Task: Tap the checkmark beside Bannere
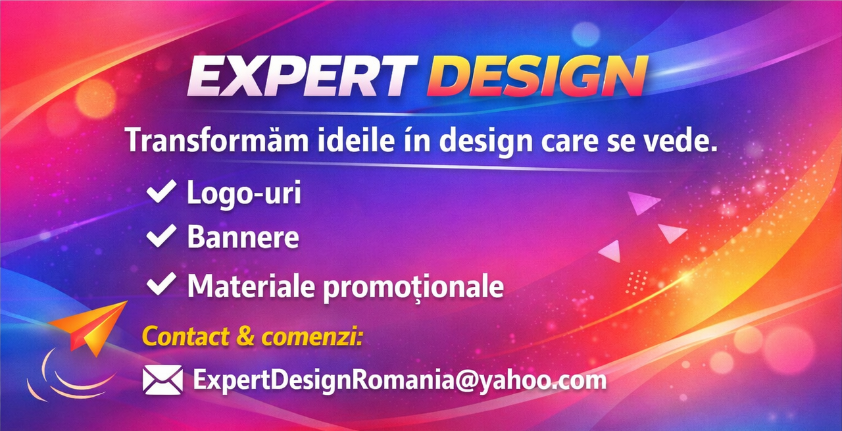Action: pyautogui.click(x=161, y=236)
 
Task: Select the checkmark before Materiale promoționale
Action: pyautogui.click(x=161, y=284)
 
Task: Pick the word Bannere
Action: pyautogui.click(x=243, y=237)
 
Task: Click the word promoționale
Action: pyautogui.click(x=413, y=287)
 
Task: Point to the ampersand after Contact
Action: pyautogui.click(x=244, y=336)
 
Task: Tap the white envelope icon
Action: pyautogui.click(x=162, y=380)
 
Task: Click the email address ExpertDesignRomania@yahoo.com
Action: pyautogui.click(x=399, y=380)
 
